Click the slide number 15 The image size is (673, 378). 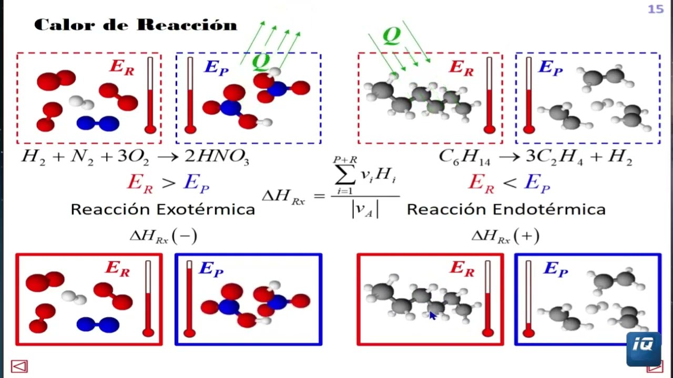point(655,9)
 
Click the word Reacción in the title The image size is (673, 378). point(187,25)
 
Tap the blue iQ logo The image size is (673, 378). point(644,349)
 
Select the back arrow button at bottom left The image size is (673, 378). point(19,366)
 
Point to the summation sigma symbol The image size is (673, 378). point(345,174)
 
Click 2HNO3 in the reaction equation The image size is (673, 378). point(217,156)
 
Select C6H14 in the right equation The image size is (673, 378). point(464,157)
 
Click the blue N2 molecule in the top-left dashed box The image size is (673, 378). point(98,123)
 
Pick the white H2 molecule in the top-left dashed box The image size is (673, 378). point(81,102)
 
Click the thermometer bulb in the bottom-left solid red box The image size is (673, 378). point(148,333)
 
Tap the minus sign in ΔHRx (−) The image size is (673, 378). point(185,236)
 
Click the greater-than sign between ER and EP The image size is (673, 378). point(169,183)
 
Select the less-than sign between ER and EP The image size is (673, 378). point(509,183)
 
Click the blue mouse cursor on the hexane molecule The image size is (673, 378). point(433,316)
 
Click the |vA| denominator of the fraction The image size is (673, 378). point(365,209)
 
